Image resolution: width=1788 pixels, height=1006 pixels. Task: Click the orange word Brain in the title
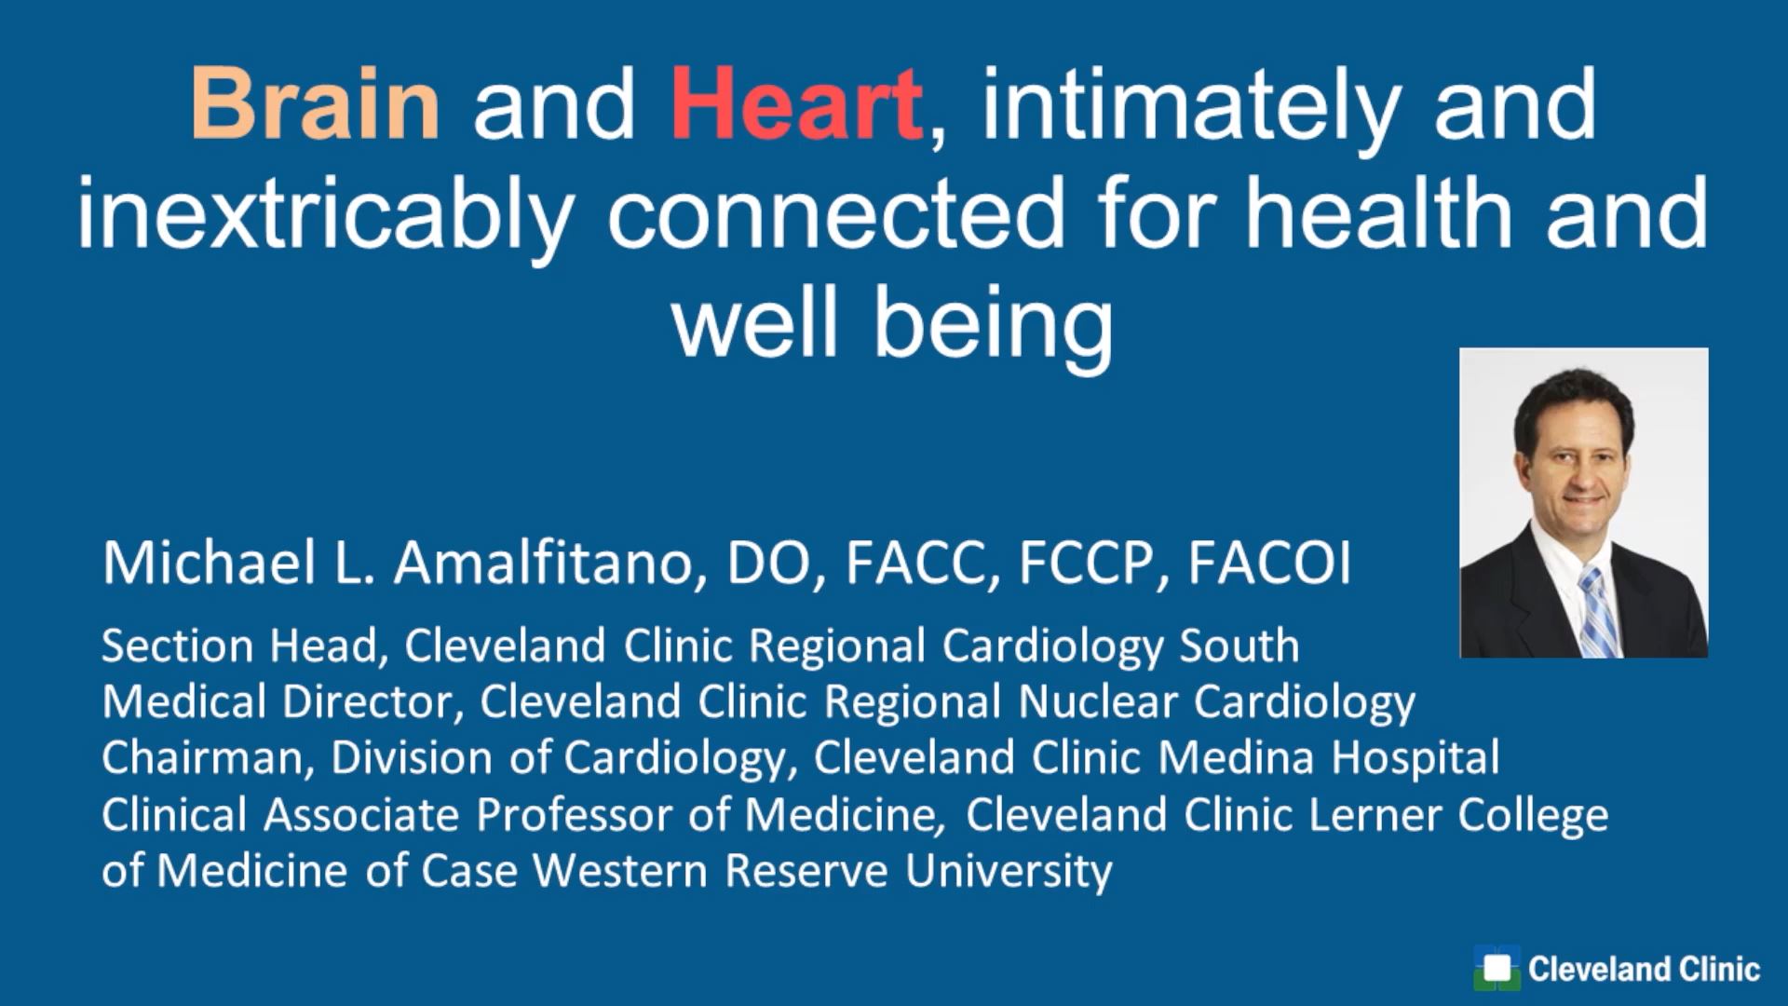click(315, 104)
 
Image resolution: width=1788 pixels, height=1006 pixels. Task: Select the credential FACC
click(915, 564)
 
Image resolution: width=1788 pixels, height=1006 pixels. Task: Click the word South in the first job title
click(1239, 646)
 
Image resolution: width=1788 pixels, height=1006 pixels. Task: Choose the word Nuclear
click(1098, 701)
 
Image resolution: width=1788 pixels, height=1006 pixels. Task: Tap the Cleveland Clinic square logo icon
click(1497, 968)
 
